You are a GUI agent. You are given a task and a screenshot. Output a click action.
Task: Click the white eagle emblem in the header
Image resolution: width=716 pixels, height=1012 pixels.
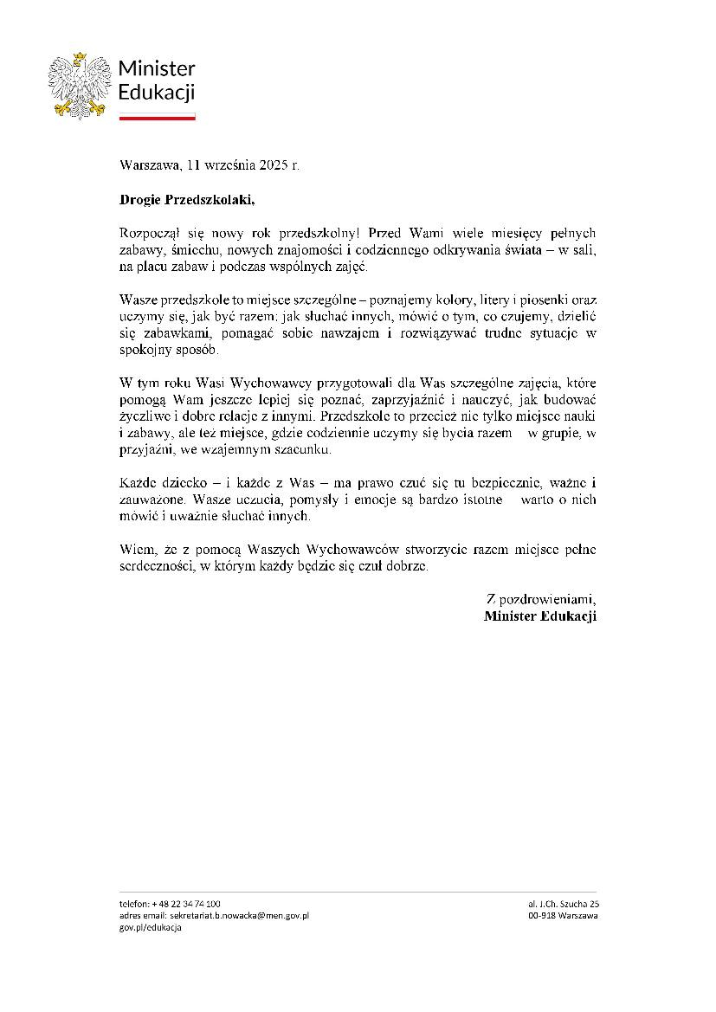[79, 84]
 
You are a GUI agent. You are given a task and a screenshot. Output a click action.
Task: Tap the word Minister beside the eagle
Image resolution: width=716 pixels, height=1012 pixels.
[157, 69]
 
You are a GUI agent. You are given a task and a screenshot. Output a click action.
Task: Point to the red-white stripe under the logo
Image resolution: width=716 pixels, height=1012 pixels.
[157, 116]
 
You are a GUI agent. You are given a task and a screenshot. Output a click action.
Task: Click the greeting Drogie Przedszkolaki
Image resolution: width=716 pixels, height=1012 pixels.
[187, 200]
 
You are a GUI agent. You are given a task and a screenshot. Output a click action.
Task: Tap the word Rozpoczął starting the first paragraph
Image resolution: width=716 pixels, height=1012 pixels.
[148, 234]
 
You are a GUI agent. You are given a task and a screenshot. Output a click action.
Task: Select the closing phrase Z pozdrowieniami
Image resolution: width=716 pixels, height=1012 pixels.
[542, 599]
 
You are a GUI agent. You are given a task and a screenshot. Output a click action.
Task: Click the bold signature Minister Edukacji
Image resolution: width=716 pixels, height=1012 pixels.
[540, 616]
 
